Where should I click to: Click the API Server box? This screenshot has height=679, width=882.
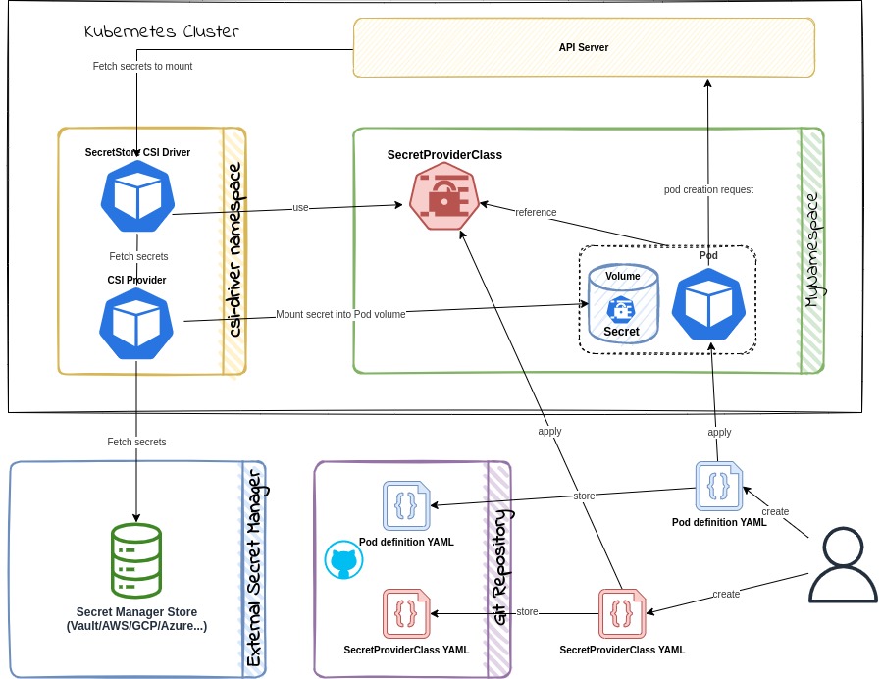point(584,47)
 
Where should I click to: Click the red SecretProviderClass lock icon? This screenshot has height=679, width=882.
point(446,197)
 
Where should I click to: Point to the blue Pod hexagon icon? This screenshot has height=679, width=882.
point(707,304)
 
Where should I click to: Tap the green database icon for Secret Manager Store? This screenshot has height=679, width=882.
point(137,561)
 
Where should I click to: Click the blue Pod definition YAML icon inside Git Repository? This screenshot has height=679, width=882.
point(405,506)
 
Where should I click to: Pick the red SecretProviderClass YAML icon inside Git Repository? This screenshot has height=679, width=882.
point(405,614)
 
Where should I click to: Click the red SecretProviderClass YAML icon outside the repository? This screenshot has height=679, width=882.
point(622,613)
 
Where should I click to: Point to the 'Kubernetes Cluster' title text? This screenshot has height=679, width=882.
point(163,32)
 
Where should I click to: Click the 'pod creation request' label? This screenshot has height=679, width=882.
point(707,188)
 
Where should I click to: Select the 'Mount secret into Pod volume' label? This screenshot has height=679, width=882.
point(341,314)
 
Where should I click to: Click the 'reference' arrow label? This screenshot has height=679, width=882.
point(536,212)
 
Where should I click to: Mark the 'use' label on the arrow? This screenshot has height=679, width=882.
point(300,207)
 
